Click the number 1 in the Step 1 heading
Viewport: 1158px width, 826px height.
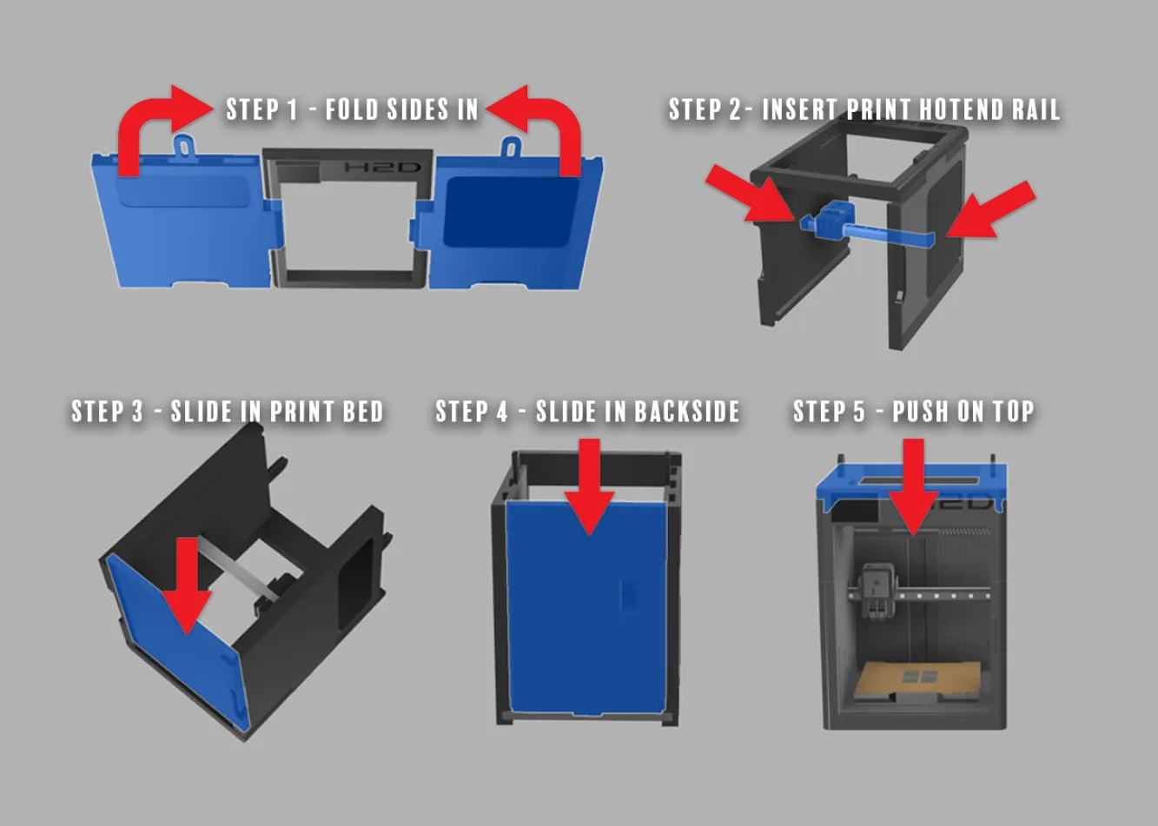(292, 109)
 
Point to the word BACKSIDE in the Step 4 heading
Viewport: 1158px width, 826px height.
(687, 412)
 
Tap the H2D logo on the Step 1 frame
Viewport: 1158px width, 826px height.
(382, 168)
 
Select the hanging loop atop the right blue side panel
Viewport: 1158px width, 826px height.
(510, 147)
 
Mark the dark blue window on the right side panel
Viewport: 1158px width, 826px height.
(510, 212)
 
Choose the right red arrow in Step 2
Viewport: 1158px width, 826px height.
(991, 210)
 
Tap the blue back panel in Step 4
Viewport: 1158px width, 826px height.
(586, 608)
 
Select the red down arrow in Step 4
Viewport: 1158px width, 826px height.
(589, 486)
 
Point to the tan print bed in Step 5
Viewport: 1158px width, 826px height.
(917, 677)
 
